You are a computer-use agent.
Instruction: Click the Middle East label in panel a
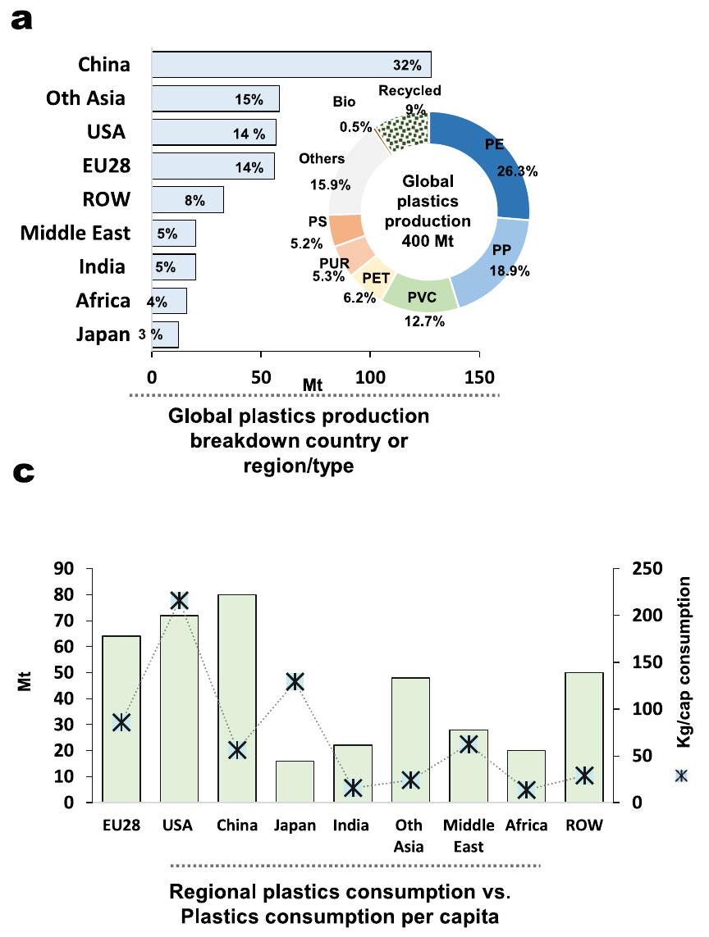75,234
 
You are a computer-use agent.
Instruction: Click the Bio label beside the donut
345,103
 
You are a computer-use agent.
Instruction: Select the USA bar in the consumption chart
179,707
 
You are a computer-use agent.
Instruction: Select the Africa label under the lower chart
527,826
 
